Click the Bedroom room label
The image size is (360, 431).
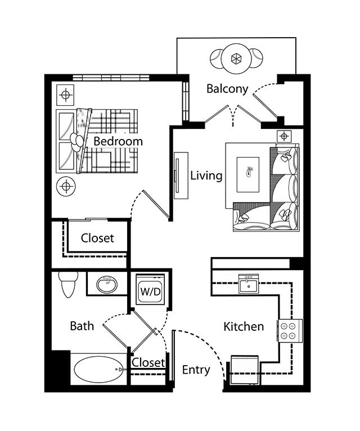(118, 141)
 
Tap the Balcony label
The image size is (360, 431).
(227, 89)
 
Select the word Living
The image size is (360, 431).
(206, 176)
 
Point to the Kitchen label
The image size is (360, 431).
(244, 326)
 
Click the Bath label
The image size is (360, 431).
(82, 326)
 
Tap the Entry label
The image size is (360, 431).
(196, 370)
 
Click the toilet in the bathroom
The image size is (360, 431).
(69, 284)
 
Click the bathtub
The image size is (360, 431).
(97, 369)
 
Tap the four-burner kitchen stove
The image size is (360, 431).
(289, 330)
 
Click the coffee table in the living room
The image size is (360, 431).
(249, 171)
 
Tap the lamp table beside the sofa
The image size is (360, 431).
(284, 136)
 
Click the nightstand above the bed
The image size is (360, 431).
(66, 95)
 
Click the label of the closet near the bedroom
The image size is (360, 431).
(97, 238)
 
